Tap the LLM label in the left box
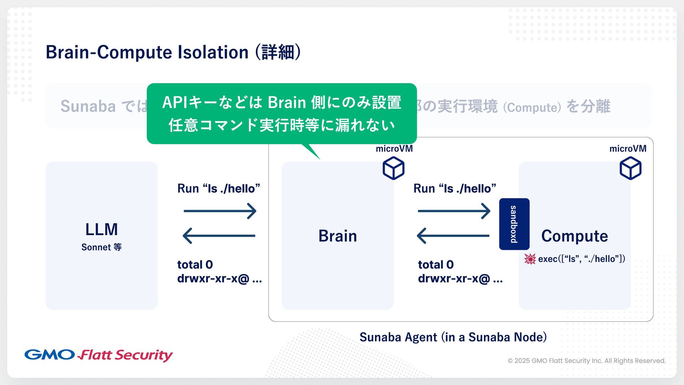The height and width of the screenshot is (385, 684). tap(102, 229)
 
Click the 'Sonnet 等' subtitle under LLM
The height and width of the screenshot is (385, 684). tap(102, 247)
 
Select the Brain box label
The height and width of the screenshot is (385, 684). tap(337, 236)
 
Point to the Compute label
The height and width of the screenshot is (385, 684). tap(574, 236)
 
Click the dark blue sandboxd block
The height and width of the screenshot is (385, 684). tap(514, 224)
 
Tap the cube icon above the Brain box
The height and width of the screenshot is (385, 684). tap(393, 169)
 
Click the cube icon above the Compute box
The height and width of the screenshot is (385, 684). tap(630, 169)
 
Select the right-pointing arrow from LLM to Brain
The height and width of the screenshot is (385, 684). tap(220, 211)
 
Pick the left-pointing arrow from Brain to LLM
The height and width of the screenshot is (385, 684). tap(219, 236)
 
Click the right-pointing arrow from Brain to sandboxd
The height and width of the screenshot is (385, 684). tap(454, 211)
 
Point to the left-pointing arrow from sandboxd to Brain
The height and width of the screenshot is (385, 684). tap(453, 236)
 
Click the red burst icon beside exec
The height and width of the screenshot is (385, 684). tap(530, 259)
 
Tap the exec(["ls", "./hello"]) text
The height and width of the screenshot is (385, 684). tap(581, 259)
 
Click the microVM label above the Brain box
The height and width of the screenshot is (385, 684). tap(394, 149)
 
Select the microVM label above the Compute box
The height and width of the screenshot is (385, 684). tap(628, 149)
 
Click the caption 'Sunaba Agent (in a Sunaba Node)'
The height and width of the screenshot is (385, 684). tap(453, 337)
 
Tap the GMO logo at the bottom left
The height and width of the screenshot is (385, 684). tap(50, 355)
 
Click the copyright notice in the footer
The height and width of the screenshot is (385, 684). tap(586, 361)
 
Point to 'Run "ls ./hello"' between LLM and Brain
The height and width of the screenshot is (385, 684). tap(219, 188)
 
